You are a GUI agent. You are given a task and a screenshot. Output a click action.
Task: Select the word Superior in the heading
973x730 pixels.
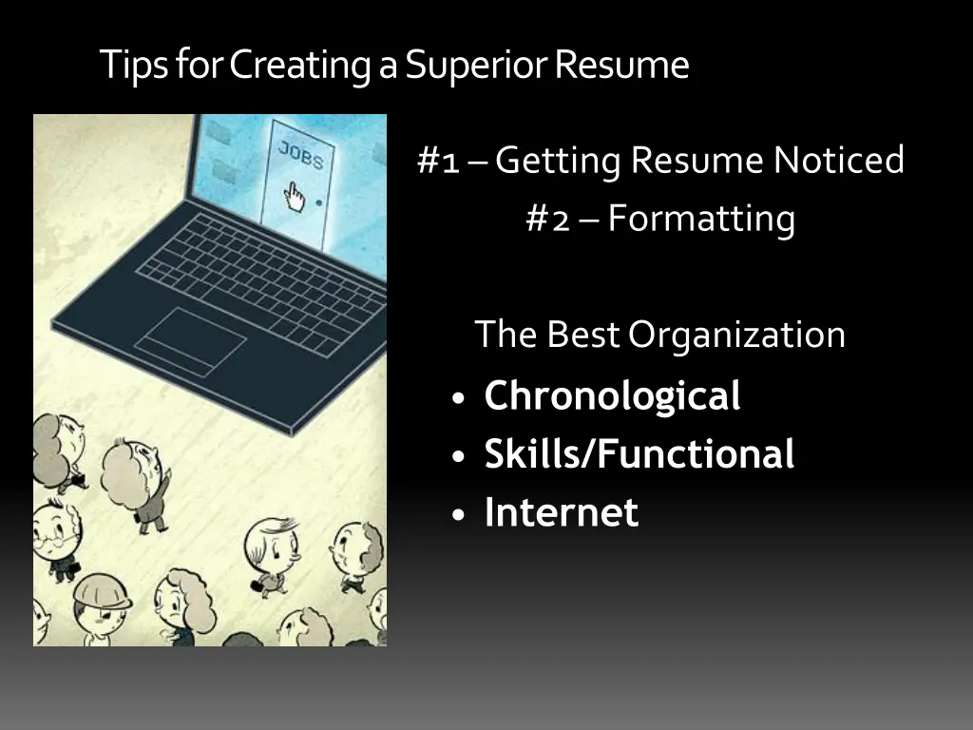[476, 65]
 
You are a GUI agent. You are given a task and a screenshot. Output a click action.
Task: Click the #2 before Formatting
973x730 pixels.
[547, 220]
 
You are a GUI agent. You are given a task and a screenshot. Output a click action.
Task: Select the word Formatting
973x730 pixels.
[701, 221]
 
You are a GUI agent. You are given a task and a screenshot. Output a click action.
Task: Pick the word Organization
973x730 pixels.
[736, 335]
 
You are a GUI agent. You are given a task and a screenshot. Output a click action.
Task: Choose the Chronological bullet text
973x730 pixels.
[612, 396]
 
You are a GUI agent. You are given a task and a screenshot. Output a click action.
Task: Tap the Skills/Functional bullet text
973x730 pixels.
[639, 454]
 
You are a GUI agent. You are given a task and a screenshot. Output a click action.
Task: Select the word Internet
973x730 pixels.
[561, 513]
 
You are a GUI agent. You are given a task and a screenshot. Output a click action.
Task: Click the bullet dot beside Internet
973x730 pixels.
[460, 515]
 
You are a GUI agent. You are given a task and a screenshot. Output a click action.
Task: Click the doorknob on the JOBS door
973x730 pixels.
[317, 202]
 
